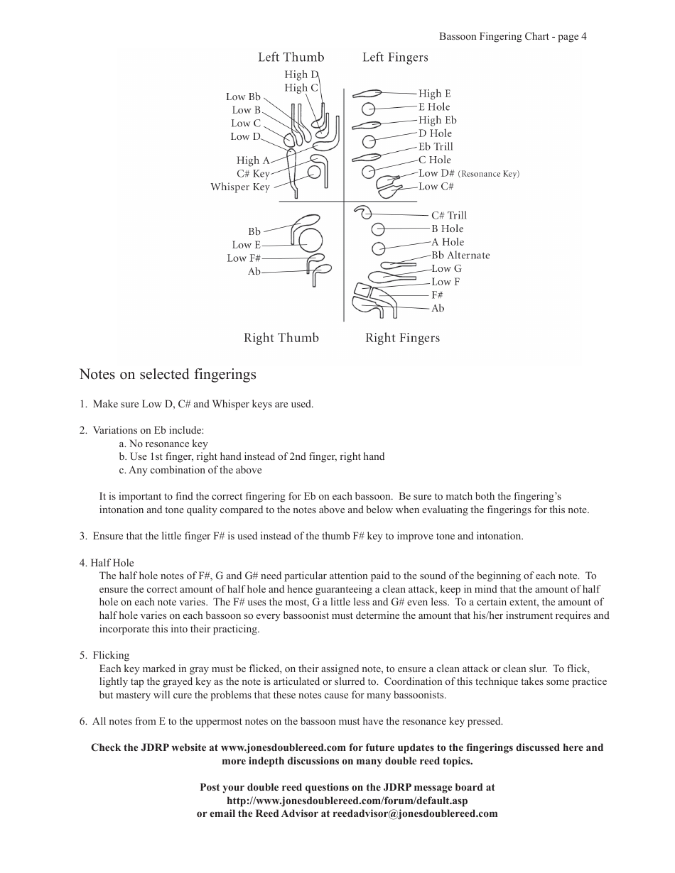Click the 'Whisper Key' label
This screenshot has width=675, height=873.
coord(240,187)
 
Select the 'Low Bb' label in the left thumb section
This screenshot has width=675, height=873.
coord(244,97)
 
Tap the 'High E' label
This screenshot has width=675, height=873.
coord(434,94)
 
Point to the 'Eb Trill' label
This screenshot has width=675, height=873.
coord(435,147)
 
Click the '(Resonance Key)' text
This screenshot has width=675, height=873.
coord(489,174)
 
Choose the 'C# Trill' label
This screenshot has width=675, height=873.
coord(449,216)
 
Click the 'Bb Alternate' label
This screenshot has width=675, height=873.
coord(460,256)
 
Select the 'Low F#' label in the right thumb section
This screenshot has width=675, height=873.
coord(244,258)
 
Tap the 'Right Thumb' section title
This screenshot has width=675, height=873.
coord(281,338)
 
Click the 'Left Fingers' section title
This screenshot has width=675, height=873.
coord(395,57)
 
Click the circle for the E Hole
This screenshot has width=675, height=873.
coord(368,109)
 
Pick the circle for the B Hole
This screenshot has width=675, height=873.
coord(378,229)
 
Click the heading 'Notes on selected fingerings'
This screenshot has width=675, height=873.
coord(168,374)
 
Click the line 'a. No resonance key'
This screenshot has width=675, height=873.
coord(163,444)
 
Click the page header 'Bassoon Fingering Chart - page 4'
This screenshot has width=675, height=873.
coord(512,37)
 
